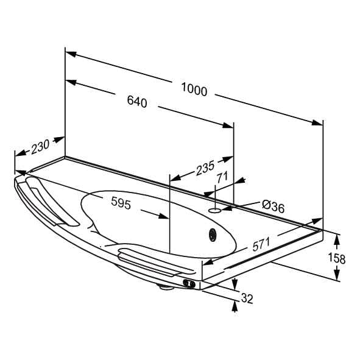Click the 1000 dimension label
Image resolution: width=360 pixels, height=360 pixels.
(194, 90)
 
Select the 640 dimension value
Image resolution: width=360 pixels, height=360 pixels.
(137, 101)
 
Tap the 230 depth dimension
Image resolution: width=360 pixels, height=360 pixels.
(40, 146)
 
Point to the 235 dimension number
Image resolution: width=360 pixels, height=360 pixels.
(205, 168)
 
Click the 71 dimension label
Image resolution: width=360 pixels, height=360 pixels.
(222, 177)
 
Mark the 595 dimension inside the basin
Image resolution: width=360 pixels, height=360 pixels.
(121, 203)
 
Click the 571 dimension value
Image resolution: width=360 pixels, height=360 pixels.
(261, 244)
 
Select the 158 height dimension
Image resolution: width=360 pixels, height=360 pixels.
(337, 258)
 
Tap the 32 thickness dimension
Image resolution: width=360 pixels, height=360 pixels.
(247, 298)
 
